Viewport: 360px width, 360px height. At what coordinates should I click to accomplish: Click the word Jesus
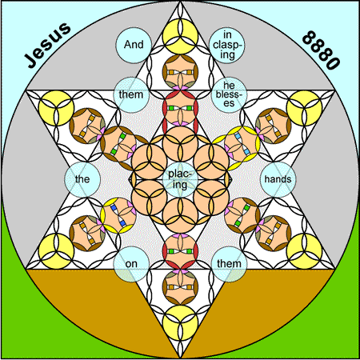point(47,46)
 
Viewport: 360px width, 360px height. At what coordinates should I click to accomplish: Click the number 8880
point(321,50)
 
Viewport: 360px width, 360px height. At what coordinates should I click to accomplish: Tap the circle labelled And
point(134,45)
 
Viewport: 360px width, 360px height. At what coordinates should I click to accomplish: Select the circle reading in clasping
point(227,45)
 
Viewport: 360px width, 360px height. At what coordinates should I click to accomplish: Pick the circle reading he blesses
point(229,94)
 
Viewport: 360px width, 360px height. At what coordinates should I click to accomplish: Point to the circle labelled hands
point(278,179)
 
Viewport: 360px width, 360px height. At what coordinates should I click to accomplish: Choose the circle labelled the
point(82,179)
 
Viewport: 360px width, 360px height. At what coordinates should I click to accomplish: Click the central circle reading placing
point(180,179)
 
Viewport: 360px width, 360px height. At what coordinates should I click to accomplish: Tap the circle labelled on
point(131,264)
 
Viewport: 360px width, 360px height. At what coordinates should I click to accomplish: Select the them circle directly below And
point(131,94)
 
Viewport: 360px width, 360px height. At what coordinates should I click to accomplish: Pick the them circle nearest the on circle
point(229,264)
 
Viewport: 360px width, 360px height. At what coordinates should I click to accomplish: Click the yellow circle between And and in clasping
point(180,36)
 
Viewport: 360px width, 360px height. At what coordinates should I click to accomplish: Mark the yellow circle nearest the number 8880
point(304,108)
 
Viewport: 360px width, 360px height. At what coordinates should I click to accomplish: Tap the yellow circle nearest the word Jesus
point(56,108)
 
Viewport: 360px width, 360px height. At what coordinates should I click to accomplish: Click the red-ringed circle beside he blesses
point(180,108)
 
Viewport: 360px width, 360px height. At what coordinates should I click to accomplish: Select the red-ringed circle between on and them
point(180,251)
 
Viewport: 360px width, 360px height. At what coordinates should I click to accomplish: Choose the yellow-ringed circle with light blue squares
point(242,144)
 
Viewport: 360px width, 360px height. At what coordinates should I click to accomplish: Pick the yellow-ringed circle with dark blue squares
point(118,215)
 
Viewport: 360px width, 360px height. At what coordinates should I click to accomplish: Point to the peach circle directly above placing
point(180,144)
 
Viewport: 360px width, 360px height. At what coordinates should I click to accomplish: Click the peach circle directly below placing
point(180,215)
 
